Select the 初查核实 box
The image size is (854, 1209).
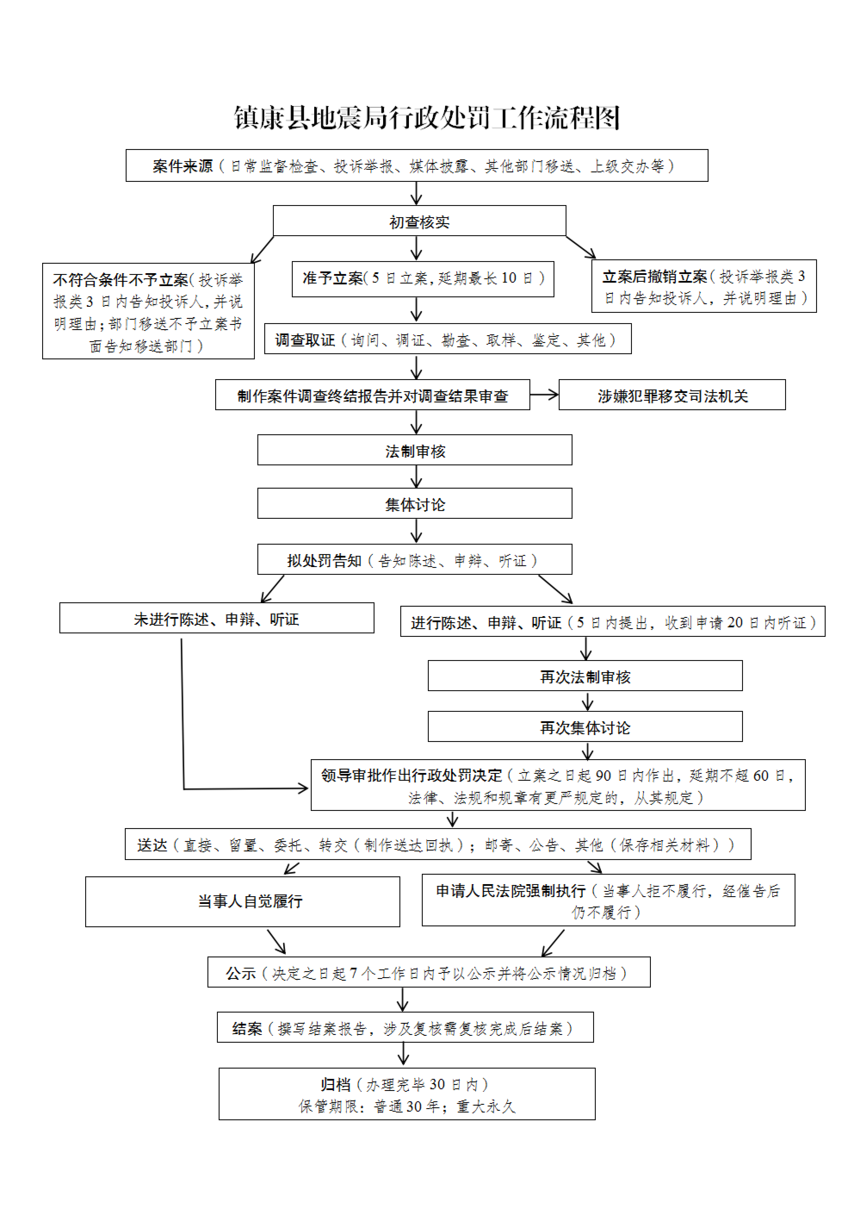point(419,221)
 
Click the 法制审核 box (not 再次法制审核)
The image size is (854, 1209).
point(415,450)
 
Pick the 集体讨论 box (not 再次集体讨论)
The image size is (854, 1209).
point(415,504)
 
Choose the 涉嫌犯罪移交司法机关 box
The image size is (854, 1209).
point(672,395)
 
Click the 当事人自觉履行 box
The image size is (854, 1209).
point(243,901)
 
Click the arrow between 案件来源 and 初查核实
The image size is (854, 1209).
point(416,194)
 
